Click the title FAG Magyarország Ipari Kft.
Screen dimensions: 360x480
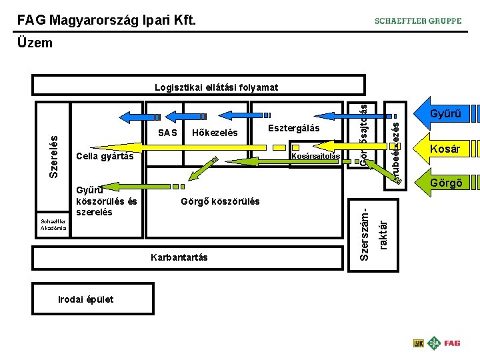pyautogui.click(x=107, y=20)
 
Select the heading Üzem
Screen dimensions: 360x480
pyautogui.click(x=35, y=43)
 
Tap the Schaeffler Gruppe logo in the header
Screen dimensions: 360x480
pyautogui.click(x=418, y=21)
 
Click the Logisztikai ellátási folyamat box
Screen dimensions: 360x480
pyautogui.click(x=199, y=86)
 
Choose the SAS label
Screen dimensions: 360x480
pyautogui.click(x=168, y=133)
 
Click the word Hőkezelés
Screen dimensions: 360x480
pyautogui.click(x=214, y=133)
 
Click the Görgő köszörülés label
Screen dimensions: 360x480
pyautogui.click(x=221, y=201)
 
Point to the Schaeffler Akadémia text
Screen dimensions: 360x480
pyautogui.click(x=51, y=225)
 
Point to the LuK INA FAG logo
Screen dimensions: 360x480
pyautogui.click(x=437, y=343)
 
